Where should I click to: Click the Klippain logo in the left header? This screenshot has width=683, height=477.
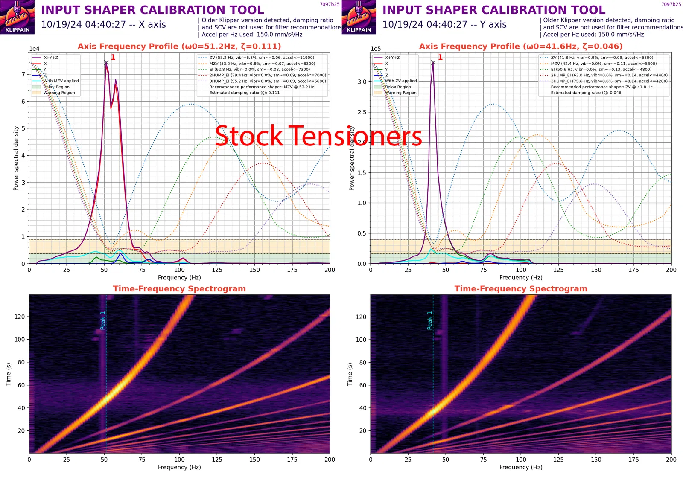(18, 17)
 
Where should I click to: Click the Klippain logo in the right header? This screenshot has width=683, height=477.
(359, 17)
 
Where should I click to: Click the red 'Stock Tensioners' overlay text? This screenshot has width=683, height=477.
(318, 137)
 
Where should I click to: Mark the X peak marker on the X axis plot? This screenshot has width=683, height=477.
(106, 63)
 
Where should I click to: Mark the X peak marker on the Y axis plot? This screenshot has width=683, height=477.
(433, 63)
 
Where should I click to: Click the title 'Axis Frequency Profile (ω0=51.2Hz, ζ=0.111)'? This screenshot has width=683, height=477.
(179, 46)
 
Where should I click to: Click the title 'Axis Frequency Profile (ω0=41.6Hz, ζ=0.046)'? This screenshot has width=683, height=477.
(521, 46)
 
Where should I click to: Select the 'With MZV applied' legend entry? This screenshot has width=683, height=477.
(61, 81)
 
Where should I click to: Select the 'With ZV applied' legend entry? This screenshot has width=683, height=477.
(401, 81)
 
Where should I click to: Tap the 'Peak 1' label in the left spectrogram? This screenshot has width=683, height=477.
(103, 320)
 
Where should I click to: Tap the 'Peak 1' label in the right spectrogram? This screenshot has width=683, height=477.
(430, 320)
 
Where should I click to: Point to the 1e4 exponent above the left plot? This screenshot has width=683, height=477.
(34, 49)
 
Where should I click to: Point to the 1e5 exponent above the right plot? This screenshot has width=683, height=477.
(376, 49)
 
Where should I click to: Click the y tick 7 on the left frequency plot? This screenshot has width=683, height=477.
(23, 74)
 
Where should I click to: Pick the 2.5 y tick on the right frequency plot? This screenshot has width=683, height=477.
(362, 112)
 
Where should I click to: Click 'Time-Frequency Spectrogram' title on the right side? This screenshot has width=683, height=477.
(521, 289)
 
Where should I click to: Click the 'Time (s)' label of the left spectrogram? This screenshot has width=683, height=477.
(9, 374)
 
